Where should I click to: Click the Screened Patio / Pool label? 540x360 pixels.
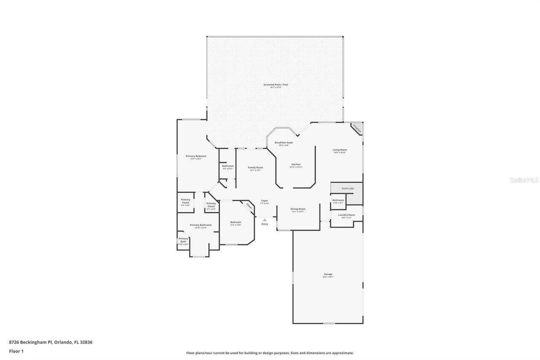pos(276,85)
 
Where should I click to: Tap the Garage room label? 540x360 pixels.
pos(328,274)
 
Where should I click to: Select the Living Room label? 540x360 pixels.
pos(340,150)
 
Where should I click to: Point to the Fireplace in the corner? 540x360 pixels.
pos(357,128)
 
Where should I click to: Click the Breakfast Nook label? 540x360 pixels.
pos(283,143)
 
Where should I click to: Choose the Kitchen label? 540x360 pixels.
pos(296,164)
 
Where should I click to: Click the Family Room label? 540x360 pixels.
pos(255,168)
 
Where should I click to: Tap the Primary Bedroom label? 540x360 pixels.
pos(196,156)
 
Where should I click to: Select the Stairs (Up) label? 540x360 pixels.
pos(348,188)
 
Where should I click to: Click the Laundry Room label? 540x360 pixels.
pos(346,215)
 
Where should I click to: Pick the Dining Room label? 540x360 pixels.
pos(298,209)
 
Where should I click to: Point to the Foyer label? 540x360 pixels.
pos(265,201)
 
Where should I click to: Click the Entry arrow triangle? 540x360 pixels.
pos(265,219)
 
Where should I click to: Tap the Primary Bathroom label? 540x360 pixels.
pos(200,225)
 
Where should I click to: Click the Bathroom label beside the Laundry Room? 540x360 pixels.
pos(338,200)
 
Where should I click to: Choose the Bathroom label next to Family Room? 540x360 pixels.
pos(228,166)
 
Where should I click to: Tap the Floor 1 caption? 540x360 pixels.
pos(16,351)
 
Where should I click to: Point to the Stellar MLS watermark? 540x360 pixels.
pos(524,180)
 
